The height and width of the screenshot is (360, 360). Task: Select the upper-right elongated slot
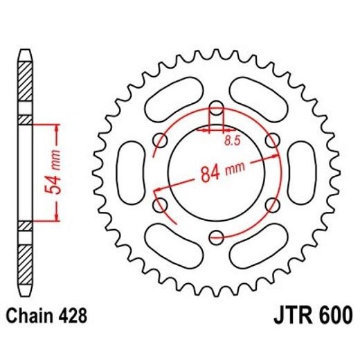(260, 97)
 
